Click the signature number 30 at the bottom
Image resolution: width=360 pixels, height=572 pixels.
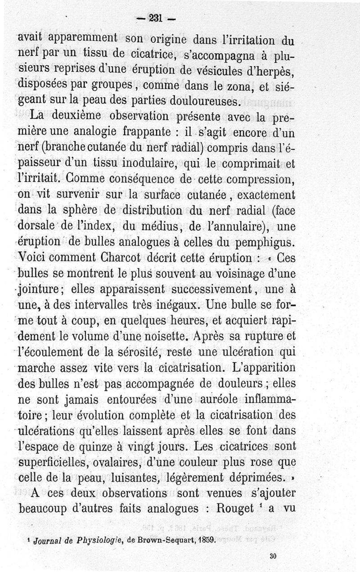pyautogui.click(x=273, y=556)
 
